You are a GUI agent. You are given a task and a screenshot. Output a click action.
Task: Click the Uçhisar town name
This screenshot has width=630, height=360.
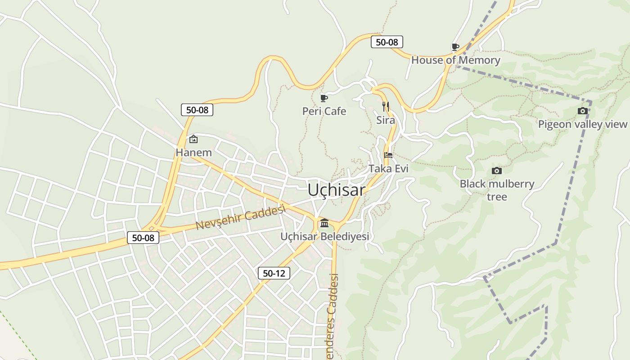point(336,190)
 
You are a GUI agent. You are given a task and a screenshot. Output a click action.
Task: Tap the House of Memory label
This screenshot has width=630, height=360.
point(455,60)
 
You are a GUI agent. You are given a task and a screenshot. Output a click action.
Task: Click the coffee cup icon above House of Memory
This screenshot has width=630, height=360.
point(455,47)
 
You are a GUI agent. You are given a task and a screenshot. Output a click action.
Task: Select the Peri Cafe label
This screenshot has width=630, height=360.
point(324,111)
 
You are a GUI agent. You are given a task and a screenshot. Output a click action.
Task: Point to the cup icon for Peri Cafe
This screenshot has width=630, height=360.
point(324,98)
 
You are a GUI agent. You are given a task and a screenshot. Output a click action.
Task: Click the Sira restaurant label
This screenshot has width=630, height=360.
point(386,120)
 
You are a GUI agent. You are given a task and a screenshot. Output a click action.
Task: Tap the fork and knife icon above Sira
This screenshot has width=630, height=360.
point(386,107)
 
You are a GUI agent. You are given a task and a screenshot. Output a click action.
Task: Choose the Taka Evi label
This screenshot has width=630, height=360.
point(388,169)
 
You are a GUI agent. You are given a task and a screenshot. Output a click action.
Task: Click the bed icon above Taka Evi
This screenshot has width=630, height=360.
point(388,155)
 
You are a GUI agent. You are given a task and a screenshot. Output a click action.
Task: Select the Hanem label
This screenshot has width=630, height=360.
point(193,153)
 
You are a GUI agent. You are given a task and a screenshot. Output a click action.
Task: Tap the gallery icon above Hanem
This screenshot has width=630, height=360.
point(193,139)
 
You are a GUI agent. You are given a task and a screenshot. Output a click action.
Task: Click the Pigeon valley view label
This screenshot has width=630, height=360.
point(582,124)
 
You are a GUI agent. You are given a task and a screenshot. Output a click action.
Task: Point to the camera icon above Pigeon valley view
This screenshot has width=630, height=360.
point(582,111)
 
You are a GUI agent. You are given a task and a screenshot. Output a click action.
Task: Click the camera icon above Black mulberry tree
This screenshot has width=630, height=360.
point(497,171)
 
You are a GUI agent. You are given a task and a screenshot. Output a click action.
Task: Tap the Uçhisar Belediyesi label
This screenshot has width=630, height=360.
point(324,236)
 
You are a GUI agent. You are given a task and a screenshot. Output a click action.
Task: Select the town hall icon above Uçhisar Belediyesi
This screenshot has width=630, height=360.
point(324,223)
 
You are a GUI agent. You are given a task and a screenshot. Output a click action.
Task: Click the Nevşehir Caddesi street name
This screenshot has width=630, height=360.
point(241,217)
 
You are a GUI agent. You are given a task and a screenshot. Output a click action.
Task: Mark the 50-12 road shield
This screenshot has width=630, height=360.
point(274,273)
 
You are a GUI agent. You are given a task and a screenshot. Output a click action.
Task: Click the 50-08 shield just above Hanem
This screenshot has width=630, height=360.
point(197,110)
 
